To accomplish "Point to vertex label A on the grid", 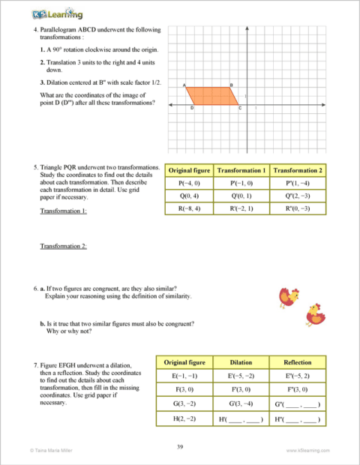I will (x=184, y=85).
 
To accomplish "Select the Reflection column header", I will (x=298, y=363).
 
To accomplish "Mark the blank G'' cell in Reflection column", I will (x=298, y=405).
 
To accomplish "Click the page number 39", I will (x=180, y=446).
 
